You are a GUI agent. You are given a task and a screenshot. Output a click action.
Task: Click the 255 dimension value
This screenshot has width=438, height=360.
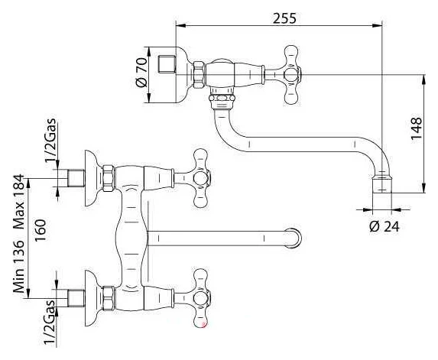point(284,18)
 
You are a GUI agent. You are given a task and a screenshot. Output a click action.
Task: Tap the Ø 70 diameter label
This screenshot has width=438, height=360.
point(141,73)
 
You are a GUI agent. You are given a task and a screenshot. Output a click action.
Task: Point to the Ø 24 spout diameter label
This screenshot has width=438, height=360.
point(384,226)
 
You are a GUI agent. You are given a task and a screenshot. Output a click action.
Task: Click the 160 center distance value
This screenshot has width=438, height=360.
point(41,230)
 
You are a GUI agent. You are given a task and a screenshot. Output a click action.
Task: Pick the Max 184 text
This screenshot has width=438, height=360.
point(19,202)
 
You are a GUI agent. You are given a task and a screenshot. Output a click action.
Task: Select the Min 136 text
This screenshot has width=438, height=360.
point(19,266)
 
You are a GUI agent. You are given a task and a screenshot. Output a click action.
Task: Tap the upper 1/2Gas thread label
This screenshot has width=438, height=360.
point(50,141)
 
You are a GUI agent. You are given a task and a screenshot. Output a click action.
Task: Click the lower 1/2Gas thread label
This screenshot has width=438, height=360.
point(50,322)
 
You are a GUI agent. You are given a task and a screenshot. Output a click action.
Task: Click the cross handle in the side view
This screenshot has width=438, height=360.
point(292,75)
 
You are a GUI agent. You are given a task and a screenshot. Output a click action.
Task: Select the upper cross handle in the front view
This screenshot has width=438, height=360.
point(202,178)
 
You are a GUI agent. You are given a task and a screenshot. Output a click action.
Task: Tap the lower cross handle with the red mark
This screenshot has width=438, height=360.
point(202,298)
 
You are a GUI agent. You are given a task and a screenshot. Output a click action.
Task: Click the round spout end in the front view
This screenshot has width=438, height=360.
point(293,238)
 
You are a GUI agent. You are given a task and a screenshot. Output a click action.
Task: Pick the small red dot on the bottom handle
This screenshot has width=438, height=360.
point(204,325)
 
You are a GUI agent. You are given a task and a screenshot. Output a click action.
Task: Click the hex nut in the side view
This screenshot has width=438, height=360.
point(198,75)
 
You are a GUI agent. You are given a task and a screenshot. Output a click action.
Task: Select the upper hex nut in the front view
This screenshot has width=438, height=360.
point(109,178)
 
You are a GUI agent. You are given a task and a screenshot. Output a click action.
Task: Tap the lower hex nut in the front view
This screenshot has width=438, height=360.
point(109,298)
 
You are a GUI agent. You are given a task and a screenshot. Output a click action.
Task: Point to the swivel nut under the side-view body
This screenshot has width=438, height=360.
point(222,99)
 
